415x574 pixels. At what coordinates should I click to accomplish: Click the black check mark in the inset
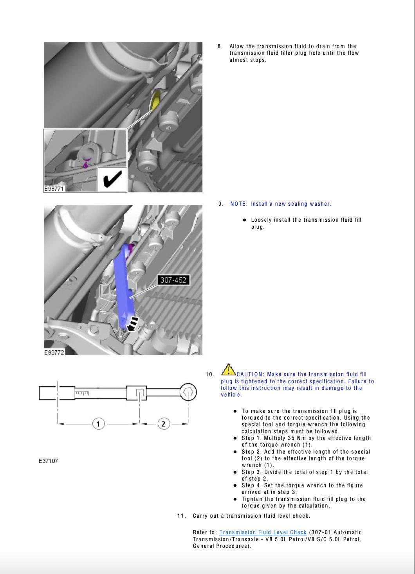112,179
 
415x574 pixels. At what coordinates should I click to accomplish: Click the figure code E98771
54,189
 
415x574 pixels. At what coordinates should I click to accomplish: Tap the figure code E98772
54,352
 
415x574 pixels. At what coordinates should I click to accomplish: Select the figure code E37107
48,461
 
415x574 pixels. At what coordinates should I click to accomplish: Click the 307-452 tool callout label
173,280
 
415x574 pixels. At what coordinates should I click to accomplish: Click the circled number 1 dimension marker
98,423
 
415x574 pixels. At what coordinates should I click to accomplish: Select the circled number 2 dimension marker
163,423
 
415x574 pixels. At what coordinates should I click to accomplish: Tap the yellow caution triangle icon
228,370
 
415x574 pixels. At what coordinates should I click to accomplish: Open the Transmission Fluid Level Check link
263,532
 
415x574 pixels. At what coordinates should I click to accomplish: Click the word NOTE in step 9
238,204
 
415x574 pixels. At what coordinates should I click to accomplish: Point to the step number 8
220,46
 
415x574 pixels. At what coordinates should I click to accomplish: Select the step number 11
181,516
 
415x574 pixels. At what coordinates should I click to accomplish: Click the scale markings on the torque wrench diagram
82,392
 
